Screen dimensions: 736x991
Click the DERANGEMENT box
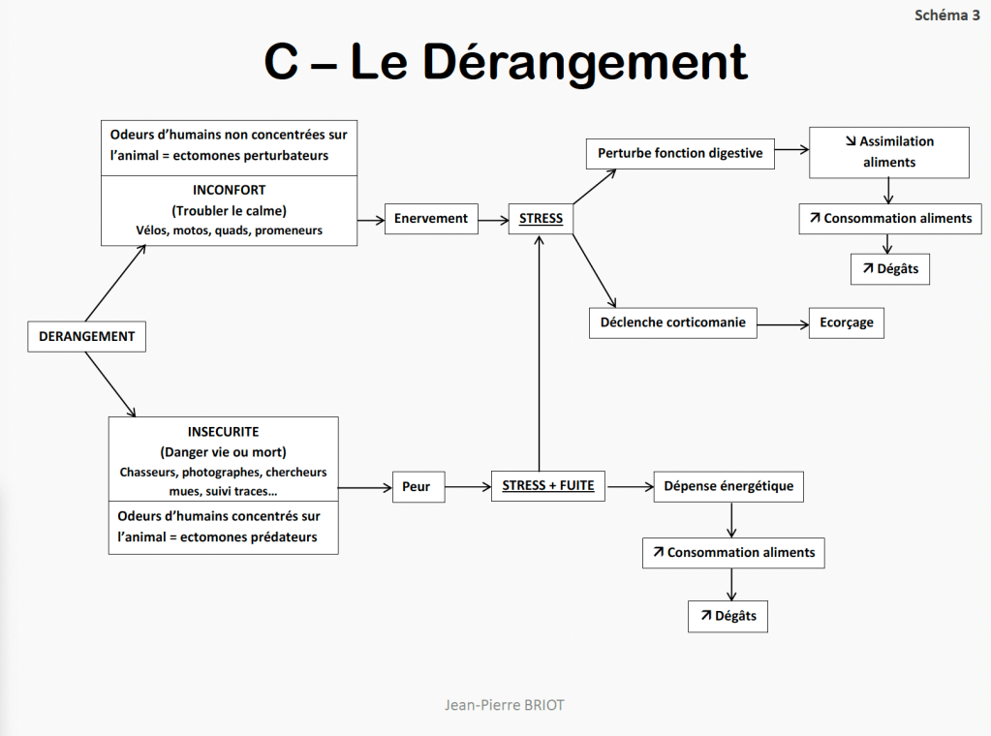tap(86, 336)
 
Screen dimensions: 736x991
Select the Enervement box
tap(430, 219)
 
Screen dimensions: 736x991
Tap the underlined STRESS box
tap(541, 219)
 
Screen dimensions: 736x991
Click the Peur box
tap(417, 486)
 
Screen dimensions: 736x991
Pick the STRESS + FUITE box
tap(548, 485)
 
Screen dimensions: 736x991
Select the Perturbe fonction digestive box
tap(680, 153)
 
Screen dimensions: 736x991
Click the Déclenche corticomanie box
tap(673, 322)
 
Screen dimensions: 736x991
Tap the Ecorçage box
tap(847, 322)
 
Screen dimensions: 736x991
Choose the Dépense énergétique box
tap(728, 486)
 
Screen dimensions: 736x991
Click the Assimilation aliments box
tap(889, 152)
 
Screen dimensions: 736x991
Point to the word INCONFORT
tap(229, 190)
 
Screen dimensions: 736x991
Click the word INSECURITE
tap(223, 431)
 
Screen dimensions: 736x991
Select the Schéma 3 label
tap(946, 15)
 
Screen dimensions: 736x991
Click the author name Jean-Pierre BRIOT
tap(504, 705)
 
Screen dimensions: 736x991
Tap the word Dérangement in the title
tap(584, 62)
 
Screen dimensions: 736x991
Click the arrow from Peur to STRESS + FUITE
tap(467, 486)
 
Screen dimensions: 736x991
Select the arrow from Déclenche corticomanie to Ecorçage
tap(783, 323)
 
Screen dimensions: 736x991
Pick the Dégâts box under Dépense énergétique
tap(728, 616)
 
